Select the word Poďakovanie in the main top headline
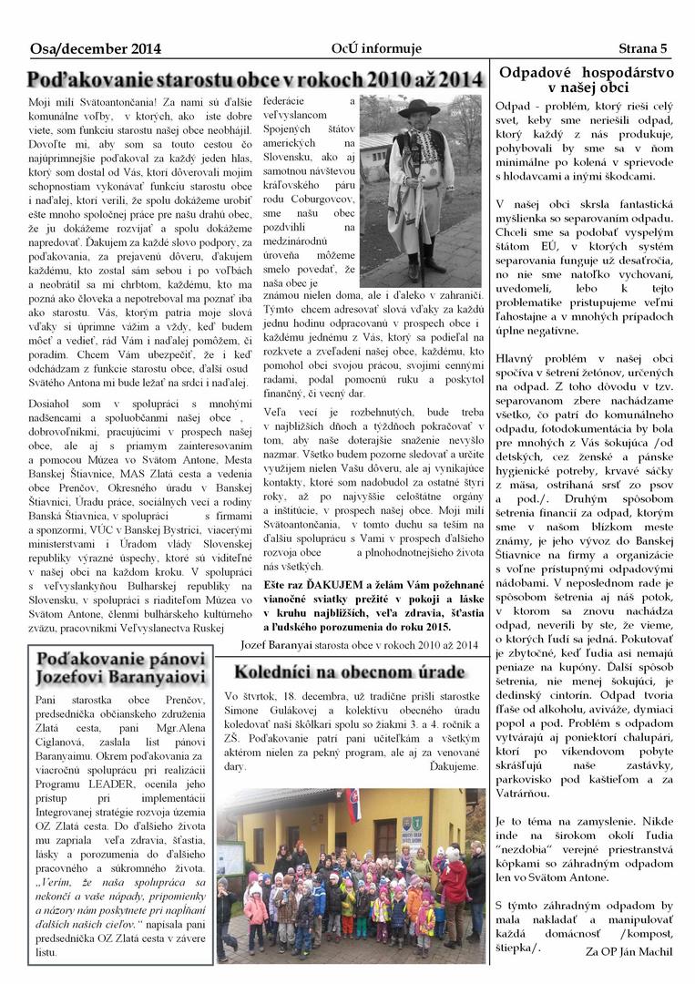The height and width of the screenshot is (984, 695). coord(85,80)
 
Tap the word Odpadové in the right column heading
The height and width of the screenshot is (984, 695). coord(541,71)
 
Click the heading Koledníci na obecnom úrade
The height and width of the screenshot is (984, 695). coord(349,672)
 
